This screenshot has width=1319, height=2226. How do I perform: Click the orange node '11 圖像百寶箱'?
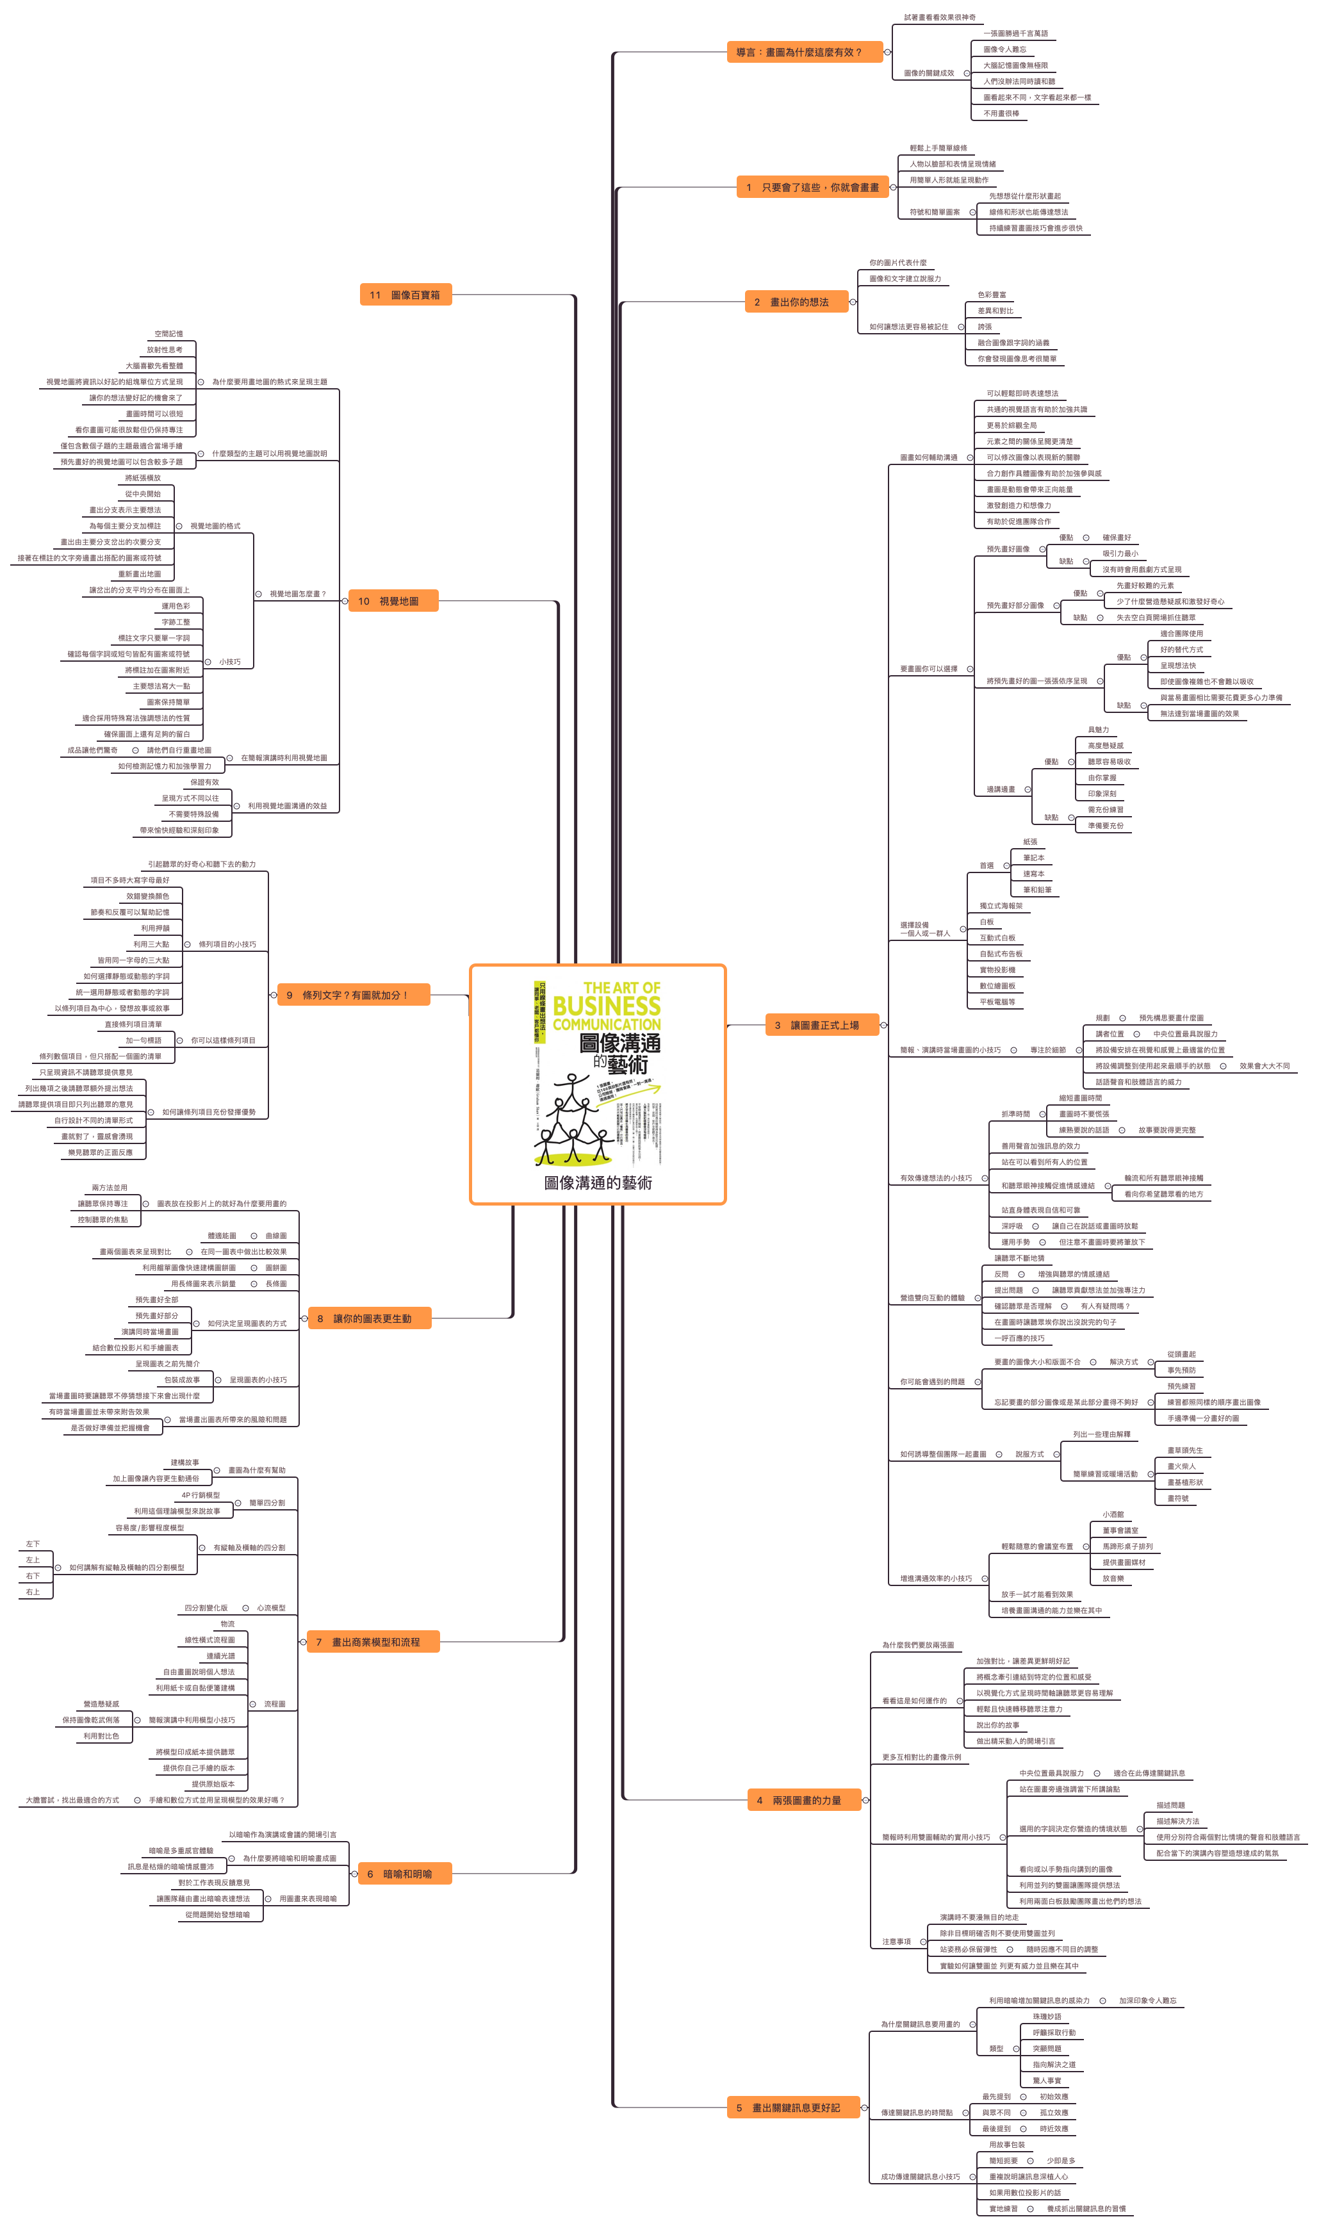pos(406,295)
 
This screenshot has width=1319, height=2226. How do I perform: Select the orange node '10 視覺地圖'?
pos(392,602)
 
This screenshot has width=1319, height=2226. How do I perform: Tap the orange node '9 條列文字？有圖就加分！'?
pos(354,995)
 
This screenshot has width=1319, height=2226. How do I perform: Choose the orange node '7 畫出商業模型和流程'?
pos(372,1642)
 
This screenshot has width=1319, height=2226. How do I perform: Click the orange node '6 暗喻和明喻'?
pos(404,1874)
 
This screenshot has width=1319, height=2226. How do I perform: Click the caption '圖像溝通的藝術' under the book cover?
pos(598,1183)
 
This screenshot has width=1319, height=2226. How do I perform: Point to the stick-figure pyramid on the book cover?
pos(573,1122)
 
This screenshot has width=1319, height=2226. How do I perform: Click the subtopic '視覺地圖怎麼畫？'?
pos(298,594)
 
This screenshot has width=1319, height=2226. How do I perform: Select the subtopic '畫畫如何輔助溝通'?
pos(929,457)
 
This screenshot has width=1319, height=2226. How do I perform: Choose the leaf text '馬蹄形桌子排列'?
pos(1127,1546)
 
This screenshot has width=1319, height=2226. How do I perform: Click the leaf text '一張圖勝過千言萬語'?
pos(1015,34)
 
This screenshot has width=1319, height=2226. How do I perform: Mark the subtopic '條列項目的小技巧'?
pos(227,945)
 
